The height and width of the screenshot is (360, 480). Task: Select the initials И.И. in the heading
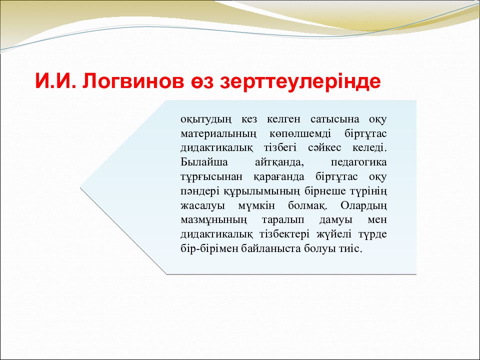(x=55, y=81)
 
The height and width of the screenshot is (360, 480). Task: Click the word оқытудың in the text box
(x=206, y=119)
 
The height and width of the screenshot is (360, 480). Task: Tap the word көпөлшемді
(x=300, y=134)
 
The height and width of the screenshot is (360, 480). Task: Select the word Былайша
(x=204, y=162)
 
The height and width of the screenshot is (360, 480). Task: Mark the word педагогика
(x=359, y=162)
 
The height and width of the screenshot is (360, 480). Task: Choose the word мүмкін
(x=256, y=206)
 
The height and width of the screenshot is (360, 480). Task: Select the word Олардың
(x=363, y=205)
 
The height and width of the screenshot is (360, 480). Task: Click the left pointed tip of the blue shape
(x=80, y=187)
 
